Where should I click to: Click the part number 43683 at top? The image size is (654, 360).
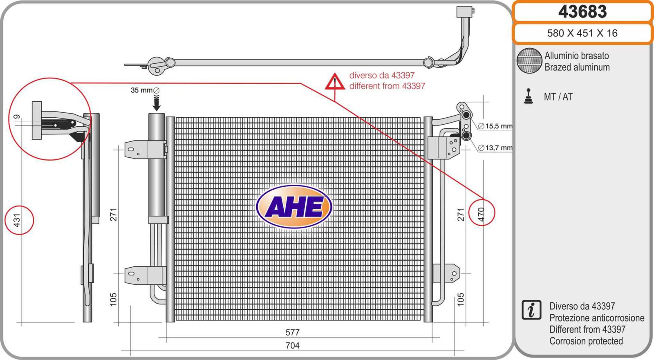point(582,11)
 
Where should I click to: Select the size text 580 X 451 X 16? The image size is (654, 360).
point(582,33)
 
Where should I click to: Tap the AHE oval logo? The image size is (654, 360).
point(294,207)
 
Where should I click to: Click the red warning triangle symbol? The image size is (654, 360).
point(335,82)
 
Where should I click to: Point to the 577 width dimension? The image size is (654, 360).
point(293,333)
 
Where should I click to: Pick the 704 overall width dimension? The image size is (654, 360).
point(293,346)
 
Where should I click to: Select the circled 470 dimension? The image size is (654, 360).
point(481,213)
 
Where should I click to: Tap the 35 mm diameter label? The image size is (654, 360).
point(145,90)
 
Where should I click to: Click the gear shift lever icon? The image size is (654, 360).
point(529,96)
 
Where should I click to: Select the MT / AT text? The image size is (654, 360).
point(558,97)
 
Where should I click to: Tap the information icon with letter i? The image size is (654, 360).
point(531,310)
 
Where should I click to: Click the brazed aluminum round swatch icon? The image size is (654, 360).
point(529,61)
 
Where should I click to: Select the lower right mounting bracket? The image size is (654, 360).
point(447,273)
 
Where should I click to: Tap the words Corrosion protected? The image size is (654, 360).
point(586,341)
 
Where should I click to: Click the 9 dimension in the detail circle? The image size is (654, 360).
point(17,117)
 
